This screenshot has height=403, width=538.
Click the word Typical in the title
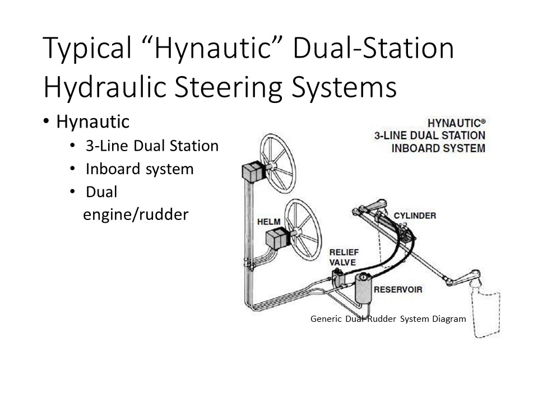87,49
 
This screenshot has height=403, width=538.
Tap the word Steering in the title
229,87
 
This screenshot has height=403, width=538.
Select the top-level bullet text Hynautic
92,121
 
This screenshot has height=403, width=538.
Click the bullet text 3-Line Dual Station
152,146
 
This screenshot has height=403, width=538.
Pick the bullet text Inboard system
140,169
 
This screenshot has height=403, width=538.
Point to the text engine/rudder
136,215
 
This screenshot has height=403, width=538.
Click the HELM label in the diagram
268,222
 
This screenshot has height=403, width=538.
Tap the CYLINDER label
415,215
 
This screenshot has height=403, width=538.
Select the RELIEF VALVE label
344,257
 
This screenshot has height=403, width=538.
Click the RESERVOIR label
398,289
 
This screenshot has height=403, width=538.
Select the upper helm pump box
254,171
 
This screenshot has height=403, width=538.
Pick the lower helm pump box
279,238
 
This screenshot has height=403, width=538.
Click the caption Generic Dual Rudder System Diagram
388,319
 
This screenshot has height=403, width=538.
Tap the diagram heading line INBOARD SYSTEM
438,148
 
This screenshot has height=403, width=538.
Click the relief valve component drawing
340,277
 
